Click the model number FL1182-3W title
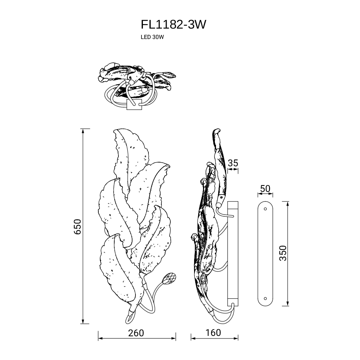click(x=173, y=24)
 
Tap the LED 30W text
click(x=152, y=37)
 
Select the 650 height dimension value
click(x=78, y=227)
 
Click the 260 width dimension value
click(x=136, y=333)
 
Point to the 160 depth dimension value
click(x=213, y=333)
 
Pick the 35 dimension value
click(x=233, y=163)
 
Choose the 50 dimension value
click(x=265, y=189)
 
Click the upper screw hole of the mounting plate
click(x=265, y=209)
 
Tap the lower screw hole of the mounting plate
click(x=265, y=299)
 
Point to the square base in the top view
click(x=134, y=104)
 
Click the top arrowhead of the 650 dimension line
click(x=83, y=131)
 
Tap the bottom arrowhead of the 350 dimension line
click(x=287, y=304)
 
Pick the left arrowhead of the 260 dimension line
click(x=101, y=338)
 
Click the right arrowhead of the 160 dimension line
click(x=236, y=338)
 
